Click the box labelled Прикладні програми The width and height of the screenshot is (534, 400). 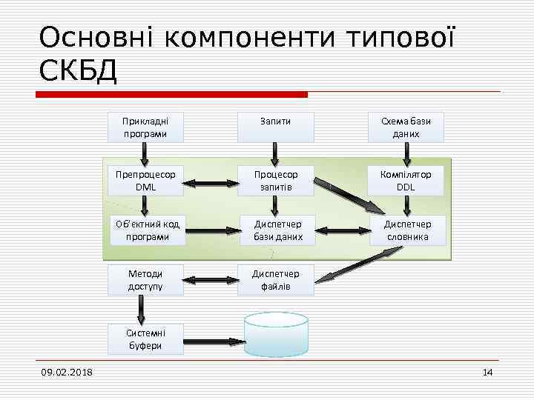145,127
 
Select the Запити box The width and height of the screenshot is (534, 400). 275,121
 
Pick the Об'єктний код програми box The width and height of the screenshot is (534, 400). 145,230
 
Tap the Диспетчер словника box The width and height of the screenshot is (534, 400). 406,230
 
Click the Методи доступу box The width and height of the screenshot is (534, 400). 145,279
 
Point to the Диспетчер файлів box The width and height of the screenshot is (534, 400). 275,279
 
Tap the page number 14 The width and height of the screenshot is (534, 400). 487,372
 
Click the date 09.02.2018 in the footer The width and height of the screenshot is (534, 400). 67,372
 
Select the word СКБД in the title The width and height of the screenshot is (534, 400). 77,71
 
